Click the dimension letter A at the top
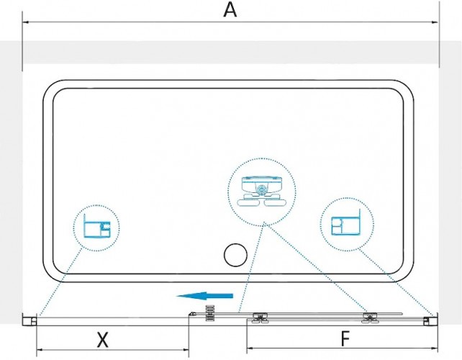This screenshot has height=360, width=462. pyautogui.click(x=230, y=10)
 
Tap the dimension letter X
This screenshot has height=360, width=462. pyautogui.click(x=102, y=340)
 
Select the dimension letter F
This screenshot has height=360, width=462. pyautogui.click(x=345, y=339)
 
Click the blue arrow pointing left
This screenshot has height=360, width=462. pyautogui.click(x=205, y=296)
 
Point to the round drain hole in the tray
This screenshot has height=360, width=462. pyautogui.click(x=235, y=255)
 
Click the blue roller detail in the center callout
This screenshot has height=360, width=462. pyautogui.click(x=262, y=192)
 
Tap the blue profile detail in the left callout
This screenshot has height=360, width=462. pyautogui.click(x=97, y=226)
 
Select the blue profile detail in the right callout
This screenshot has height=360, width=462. pyautogui.click(x=346, y=222)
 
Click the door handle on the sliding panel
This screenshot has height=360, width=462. pyautogui.click(x=209, y=314)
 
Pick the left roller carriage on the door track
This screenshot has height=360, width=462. pyautogui.click(x=261, y=318)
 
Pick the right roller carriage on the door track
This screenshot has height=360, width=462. pyautogui.click(x=371, y=318)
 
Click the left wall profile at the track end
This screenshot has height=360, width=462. pyautogui.click(x=30, y=320)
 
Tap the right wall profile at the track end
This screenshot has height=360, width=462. pyautogui.click(x=430, y=320)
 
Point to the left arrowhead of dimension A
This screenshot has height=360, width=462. pyautogui.click(x=26, y=22)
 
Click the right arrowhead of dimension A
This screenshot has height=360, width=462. pyautogui.click(x=435, y=22)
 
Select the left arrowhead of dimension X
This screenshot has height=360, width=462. pyautogui.click(x=40, y=350)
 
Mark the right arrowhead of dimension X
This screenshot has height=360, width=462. pyautogui.click(x=186, y=350)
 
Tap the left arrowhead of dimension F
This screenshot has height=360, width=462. pyautogui.click(x=250, y=348)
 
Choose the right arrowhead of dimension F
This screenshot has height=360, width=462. pyautogui.click(x=435, y=348)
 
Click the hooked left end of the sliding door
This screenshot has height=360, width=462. pyautogui.click(x=191, y=315)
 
